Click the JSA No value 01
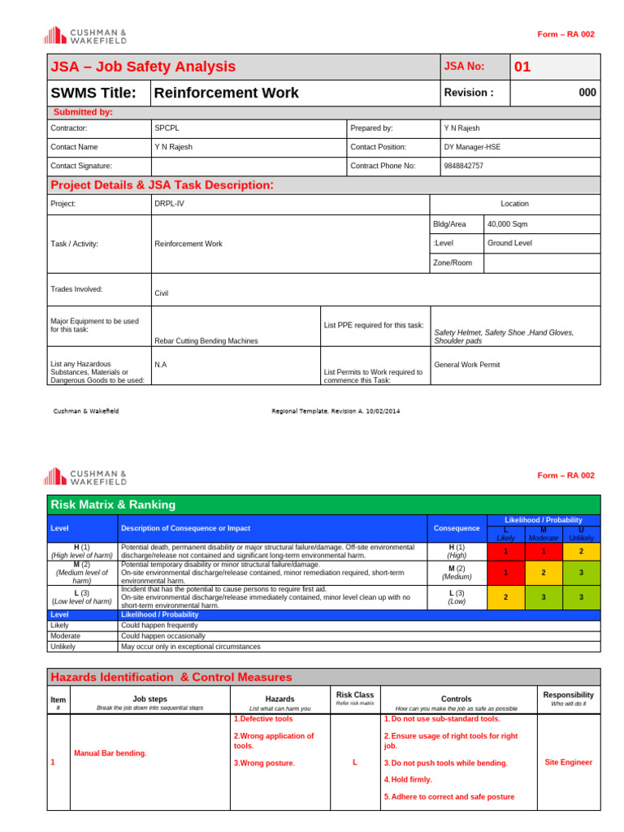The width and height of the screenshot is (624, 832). (522, 67)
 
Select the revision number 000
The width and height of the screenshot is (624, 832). (587, 93)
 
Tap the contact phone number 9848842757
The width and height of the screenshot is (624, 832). (463, 166)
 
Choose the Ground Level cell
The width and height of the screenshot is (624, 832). (509, 243)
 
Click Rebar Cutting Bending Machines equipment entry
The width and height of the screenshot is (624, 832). (206, 340)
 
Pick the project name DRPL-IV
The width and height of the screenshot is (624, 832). (169, 204)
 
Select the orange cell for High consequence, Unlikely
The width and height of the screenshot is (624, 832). (580, 551)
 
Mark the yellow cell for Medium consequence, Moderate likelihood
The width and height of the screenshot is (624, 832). (543, 572)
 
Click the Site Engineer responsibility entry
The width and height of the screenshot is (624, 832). (568, 762)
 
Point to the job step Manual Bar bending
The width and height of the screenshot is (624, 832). (110, 753)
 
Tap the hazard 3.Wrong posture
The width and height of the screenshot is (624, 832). (264, 763)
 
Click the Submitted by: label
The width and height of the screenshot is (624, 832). (83, 112)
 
